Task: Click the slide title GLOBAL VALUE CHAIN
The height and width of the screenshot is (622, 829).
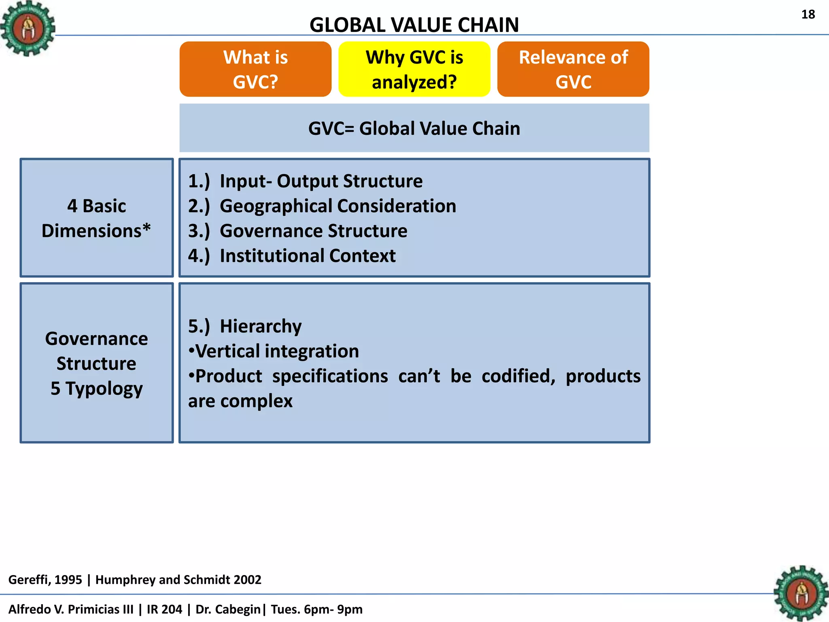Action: pyautogui.click(x=414, y=25)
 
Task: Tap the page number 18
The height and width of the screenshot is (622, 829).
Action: pyautogui.click(x=808, y=15)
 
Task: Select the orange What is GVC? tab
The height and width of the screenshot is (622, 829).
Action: pyautogui.click(x=255, y=69)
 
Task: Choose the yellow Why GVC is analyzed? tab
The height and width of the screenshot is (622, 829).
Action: pyautogui.click(x=414, y=69)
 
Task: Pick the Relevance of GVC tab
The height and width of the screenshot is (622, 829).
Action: pyautogui.click(x=573, y=69)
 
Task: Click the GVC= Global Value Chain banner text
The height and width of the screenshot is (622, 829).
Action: pyautogui.click(x=414, y=128)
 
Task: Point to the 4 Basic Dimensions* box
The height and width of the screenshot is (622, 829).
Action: pyautogui.click(x=96, y=218)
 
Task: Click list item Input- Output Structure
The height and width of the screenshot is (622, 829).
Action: pyautogui.click(x=321, y=181)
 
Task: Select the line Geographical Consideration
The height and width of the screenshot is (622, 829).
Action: pyautogui.click(x=338, y=206)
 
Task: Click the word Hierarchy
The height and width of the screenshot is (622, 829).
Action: pyautogui.click(x=260, y=326)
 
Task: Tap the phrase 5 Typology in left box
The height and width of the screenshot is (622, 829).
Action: pyautogui.click(x=96, y=388)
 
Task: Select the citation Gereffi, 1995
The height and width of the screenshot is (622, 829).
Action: pyautogui.click(x=45, y=579)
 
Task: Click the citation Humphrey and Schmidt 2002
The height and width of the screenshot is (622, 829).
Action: pyautogui.click(x=178, y=579)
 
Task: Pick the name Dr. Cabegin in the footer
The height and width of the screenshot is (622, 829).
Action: pyautogui.click(x=228, y=609)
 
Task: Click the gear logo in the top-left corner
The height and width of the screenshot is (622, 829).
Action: pyautogui.click(x=28, y=28)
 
